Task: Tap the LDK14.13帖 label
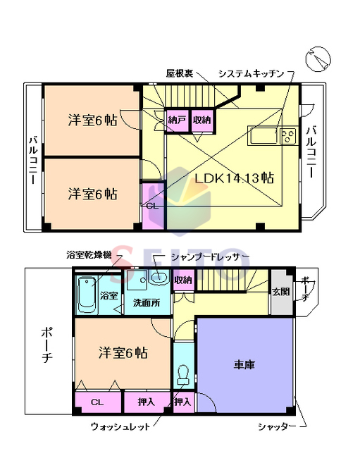[234, 178]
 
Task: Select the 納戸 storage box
[176, 121]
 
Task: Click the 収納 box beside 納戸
[201, 121]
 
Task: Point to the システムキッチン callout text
[251, 73]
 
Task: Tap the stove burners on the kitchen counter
[287, 136]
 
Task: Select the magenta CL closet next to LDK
[152, 205]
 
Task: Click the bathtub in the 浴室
[87, 295]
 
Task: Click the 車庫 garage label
[244, 365]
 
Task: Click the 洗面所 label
[147, 302]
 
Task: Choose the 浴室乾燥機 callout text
[88, 255]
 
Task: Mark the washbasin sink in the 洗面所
[159, 279]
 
